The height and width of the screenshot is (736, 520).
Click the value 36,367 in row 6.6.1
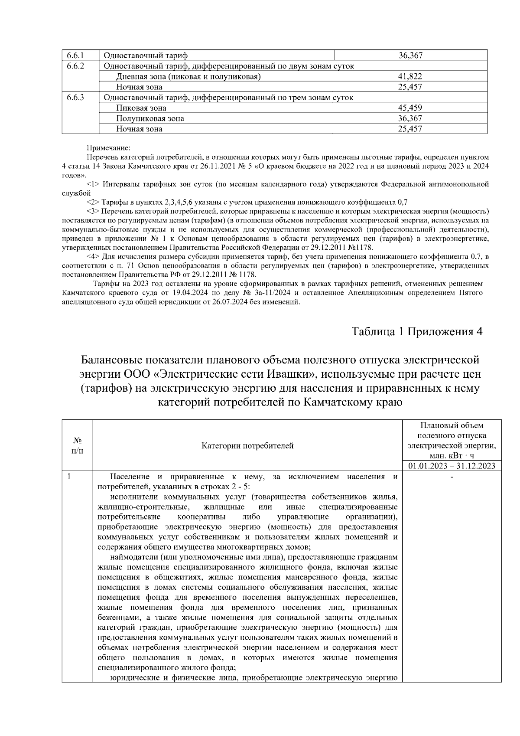click(410, 56)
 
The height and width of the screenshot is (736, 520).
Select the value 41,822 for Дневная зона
click(410, 77)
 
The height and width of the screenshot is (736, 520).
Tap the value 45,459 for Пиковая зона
click(410, 108)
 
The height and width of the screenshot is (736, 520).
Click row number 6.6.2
click(75, 66)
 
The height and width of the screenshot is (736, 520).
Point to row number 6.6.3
click(75, 98)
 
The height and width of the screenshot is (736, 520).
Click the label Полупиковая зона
click(150, 118)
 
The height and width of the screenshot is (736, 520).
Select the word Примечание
click(105, 148)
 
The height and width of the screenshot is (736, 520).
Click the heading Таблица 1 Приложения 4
click(417, 332)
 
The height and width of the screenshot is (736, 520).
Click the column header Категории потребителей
click(247, 446)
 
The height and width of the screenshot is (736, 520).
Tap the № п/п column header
click(77, 445)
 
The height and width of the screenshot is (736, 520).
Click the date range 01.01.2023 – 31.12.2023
click(452, 466)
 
